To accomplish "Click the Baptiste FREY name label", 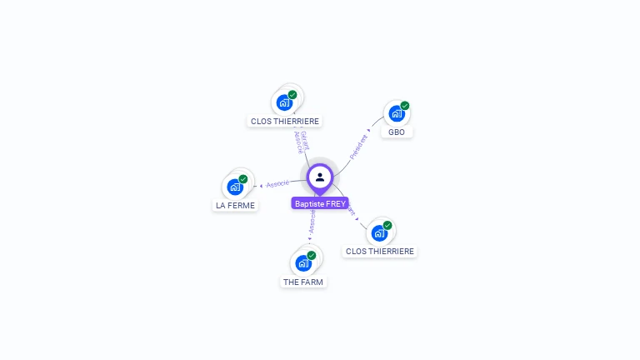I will pos(320,203).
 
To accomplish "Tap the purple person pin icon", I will pos(320,177).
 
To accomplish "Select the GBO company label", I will pos(397,132).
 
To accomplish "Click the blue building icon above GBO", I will pos(396,113).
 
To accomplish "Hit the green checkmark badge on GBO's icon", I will pos(405,106).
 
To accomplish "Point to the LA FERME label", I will pos(235,205).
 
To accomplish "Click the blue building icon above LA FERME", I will pos(235,187).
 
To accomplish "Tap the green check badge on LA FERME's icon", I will pos(243,179).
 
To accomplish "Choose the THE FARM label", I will pos(303,282).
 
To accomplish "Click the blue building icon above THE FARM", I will pos(303,263).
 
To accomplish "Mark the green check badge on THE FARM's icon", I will pos(312,255).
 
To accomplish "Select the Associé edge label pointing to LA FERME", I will pos(278,183).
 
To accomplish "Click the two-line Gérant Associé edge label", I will pos(301,142).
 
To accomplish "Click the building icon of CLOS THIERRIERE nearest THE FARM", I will pos(379,232).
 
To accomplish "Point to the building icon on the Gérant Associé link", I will pos(284,102).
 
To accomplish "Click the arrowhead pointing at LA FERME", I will pos(261,185).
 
